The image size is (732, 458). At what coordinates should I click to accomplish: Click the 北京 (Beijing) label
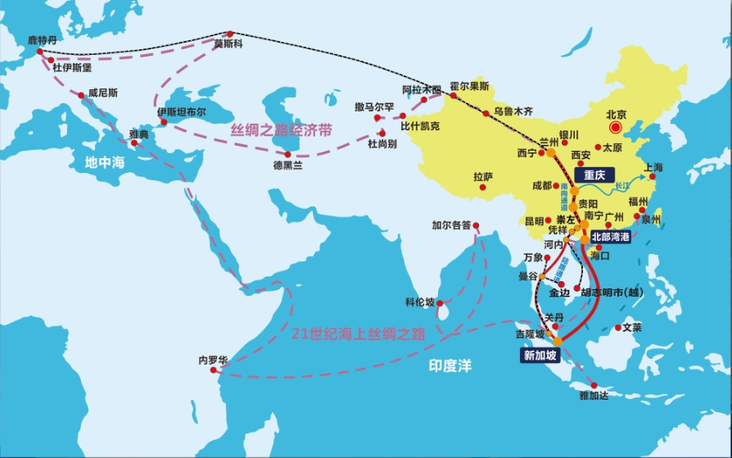(615, 115)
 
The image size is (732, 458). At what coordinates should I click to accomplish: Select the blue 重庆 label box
(594, 175)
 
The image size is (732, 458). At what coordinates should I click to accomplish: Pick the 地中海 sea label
(106, 162)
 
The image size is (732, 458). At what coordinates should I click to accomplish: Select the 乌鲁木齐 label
(513, 111)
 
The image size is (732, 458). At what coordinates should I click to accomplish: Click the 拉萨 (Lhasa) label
(483, 176)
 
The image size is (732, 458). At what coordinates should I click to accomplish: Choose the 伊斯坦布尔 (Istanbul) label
(182, 111)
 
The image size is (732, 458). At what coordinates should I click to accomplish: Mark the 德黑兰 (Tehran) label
(287, 164)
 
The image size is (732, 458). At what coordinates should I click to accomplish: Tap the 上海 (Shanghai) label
(653, 167)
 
